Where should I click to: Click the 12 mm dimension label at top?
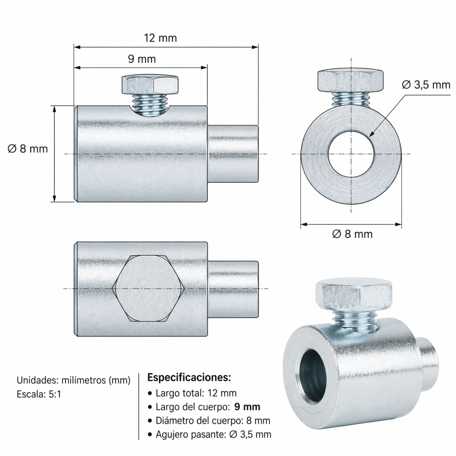(x=160, y=38)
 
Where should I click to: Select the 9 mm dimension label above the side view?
(x=141, y=59)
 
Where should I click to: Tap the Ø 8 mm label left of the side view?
(x=28, y=149)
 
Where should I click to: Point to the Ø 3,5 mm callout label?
(x=426, y=85)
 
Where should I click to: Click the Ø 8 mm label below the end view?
(x=352, y=234)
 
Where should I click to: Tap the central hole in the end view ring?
(x=351, y=154)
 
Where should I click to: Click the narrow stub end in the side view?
(x=233, y=154)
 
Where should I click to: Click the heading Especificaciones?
(x=189, y=378)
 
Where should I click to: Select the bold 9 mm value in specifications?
(x=247, y=407)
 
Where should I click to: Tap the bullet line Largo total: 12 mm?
(x=196, y=393)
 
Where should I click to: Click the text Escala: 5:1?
(x=39, y=394)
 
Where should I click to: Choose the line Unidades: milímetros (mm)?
(x=73, y=380)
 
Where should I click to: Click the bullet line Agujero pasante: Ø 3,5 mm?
(x=213, y=434)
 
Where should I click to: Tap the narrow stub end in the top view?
(x=233, y=289)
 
